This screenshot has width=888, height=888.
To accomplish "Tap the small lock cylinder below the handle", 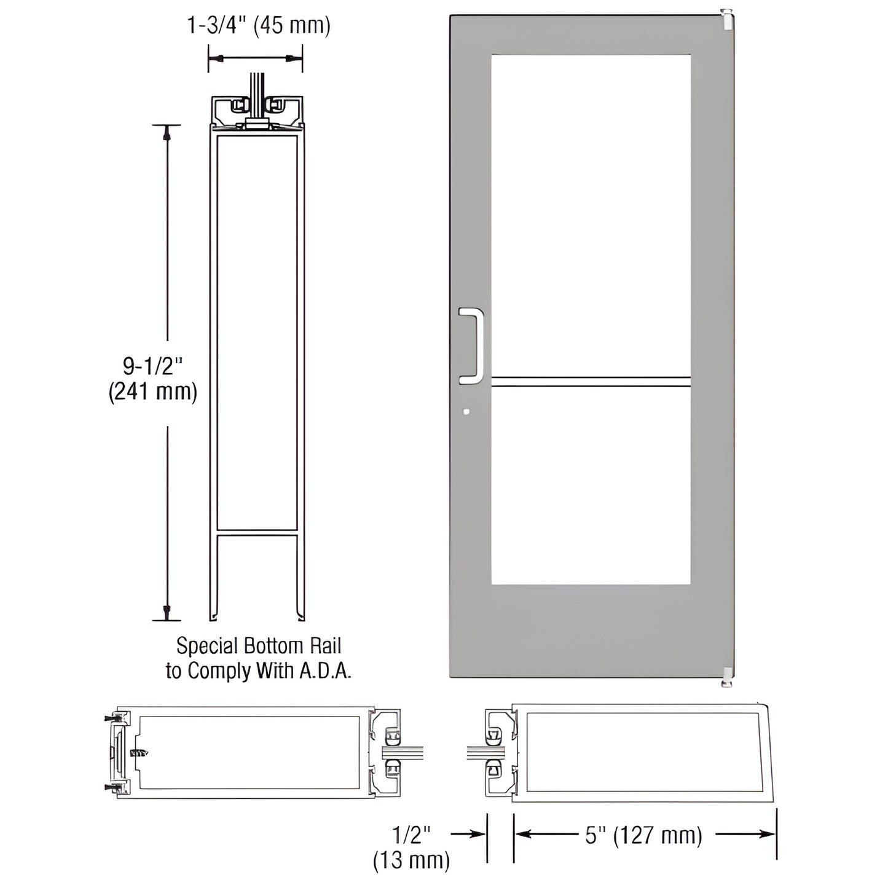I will (x=466, y=411).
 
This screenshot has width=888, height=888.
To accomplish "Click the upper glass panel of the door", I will (x=590, y=215).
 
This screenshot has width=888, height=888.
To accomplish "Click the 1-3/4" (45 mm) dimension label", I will (x=259, y=26).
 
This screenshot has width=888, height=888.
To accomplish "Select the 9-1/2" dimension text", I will (x=153, y=367).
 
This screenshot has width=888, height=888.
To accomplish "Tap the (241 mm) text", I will (x=153, y=391).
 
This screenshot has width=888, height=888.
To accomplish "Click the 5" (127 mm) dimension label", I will (x=643, y=835).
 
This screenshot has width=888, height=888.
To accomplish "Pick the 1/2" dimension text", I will (x=411, y=835).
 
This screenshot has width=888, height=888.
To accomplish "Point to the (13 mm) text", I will (x=411, y=860).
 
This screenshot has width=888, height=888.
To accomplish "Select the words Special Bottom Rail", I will (x=259, y=646).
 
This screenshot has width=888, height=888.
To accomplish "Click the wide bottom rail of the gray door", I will (x=590, y=630).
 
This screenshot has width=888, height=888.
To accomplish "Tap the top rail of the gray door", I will (x=590, y=34).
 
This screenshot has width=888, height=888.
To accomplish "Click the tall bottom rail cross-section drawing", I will (x=259, y=356).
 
